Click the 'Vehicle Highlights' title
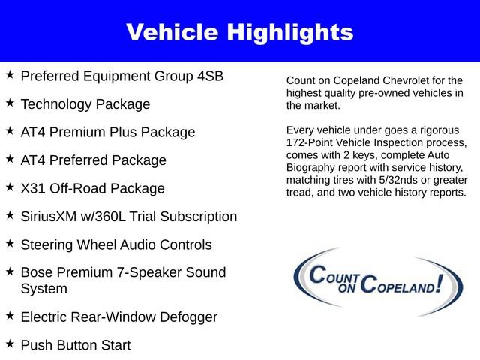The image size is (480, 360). (x=239, y=32)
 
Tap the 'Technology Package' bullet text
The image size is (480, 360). (x=85, y=104)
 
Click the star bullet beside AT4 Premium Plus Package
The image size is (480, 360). (x=10, y=131)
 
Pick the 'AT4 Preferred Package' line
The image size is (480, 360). (x=94, y=160)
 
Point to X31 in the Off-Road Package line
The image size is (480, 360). (x=34, y=188)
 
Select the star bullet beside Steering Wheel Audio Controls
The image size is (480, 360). (x=10, y=244)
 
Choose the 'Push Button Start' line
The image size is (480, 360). (x=76, y=345)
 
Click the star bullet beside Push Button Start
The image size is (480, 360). (x=10, y=343)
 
